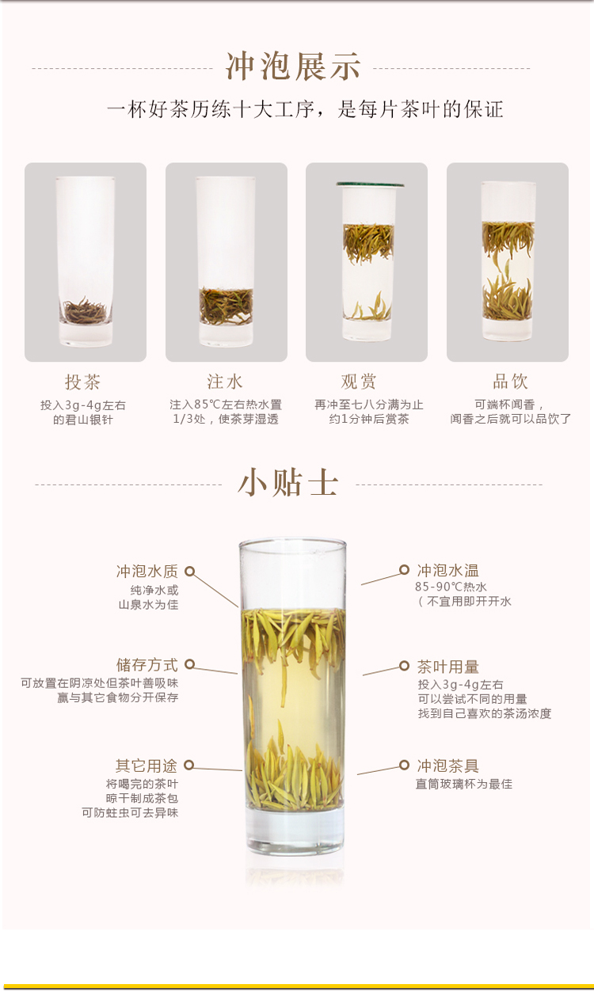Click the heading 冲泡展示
tap(293, 67)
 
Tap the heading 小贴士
tap(288, 482)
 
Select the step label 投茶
tap(83, 382)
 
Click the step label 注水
tap(225, 382)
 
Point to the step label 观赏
tap(359, 382)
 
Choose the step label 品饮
tap(510, 382)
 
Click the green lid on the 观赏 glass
tap(369, 184)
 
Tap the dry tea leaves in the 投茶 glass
tap(85, 310)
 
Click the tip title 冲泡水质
tap(147, 572)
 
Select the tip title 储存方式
tap(147, 665)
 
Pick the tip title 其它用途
tap(147, 766)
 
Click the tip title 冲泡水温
tap(447, 570)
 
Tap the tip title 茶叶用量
tap(447, 667)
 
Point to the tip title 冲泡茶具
tap(447, 766)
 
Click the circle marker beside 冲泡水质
tap(189, 572)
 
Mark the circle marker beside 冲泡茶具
tap(404, 765)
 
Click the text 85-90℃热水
tap(451, 587)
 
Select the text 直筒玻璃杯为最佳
tap(464, 784)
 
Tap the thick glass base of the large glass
tap(294, 833)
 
